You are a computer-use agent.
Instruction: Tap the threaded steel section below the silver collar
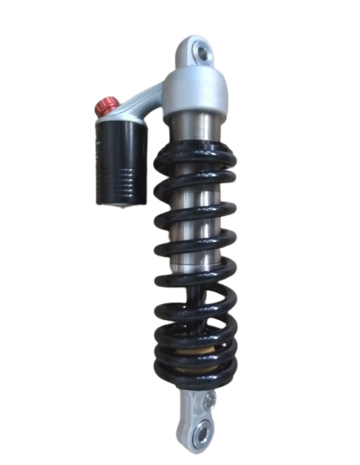pos(196,127)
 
